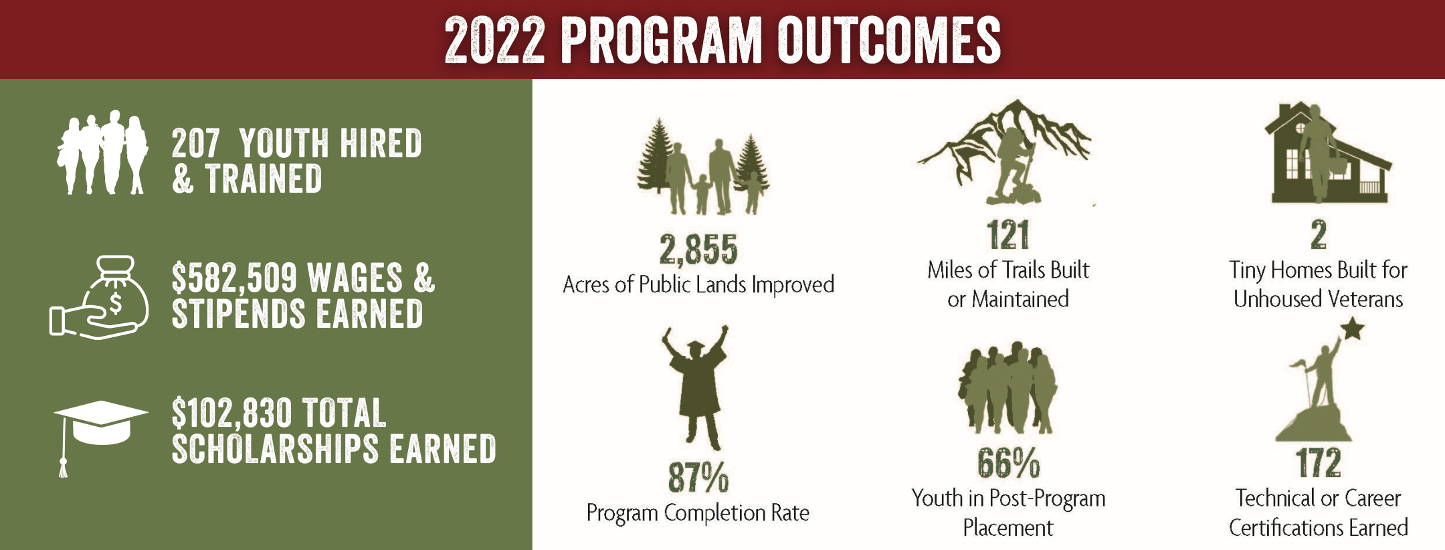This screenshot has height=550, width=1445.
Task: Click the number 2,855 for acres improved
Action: pos(698,249)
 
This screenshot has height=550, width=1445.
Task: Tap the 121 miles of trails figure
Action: pos(1008,235)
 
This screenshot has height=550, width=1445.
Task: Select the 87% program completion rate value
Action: pos(698,477)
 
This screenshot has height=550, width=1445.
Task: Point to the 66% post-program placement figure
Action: pos(1008,463)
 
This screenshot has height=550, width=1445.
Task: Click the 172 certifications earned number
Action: pos(1319,463)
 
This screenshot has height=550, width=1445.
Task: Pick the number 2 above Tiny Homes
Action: pos(1319,235)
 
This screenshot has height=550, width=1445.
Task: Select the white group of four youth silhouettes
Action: pos(102,153)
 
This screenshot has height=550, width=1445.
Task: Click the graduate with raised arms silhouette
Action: pos(696,387)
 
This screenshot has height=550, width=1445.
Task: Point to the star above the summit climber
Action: pos(1352,329)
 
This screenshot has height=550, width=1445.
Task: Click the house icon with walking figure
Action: pos(1328,153)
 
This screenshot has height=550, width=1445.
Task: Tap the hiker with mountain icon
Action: pos(1005,153)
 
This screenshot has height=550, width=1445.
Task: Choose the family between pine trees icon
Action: pos(703,167)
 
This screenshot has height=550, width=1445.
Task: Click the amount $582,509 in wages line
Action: pos(234,278)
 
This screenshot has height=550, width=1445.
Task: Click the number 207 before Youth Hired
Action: pos(195,143)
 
